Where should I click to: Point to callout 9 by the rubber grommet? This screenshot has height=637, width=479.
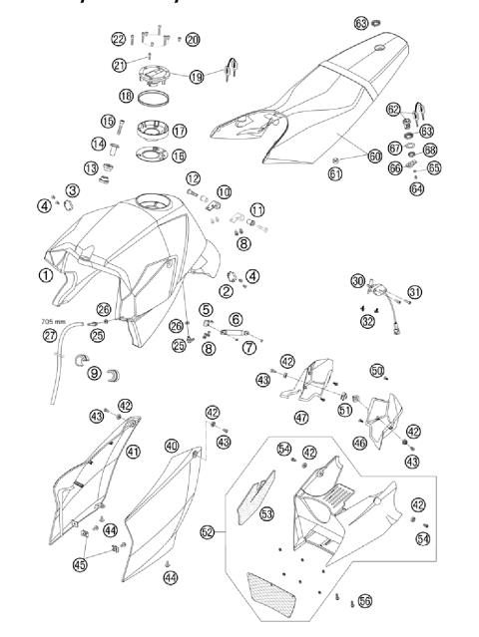97,375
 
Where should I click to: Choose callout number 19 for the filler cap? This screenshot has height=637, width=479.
196,75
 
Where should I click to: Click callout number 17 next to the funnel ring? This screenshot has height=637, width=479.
180,131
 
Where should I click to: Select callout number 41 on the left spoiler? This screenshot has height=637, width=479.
134,451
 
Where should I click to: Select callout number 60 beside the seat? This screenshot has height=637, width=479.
346,156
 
